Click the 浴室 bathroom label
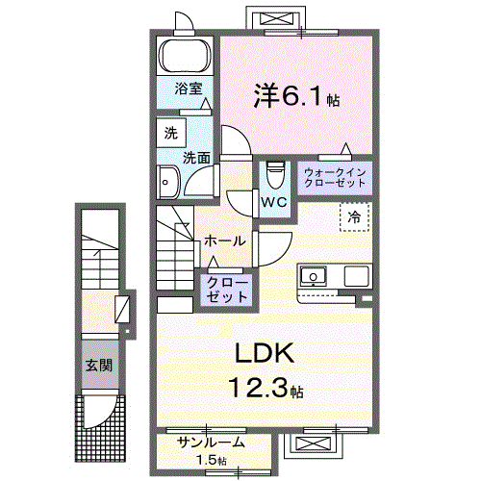point(188,89)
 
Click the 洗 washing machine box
point(170,132)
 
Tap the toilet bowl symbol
point(275,175)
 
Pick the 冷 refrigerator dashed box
point(353,217)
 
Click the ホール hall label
point(225,240)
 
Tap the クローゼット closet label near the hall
point(226,290)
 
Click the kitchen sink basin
point(314,277)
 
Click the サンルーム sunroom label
point(212,443)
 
